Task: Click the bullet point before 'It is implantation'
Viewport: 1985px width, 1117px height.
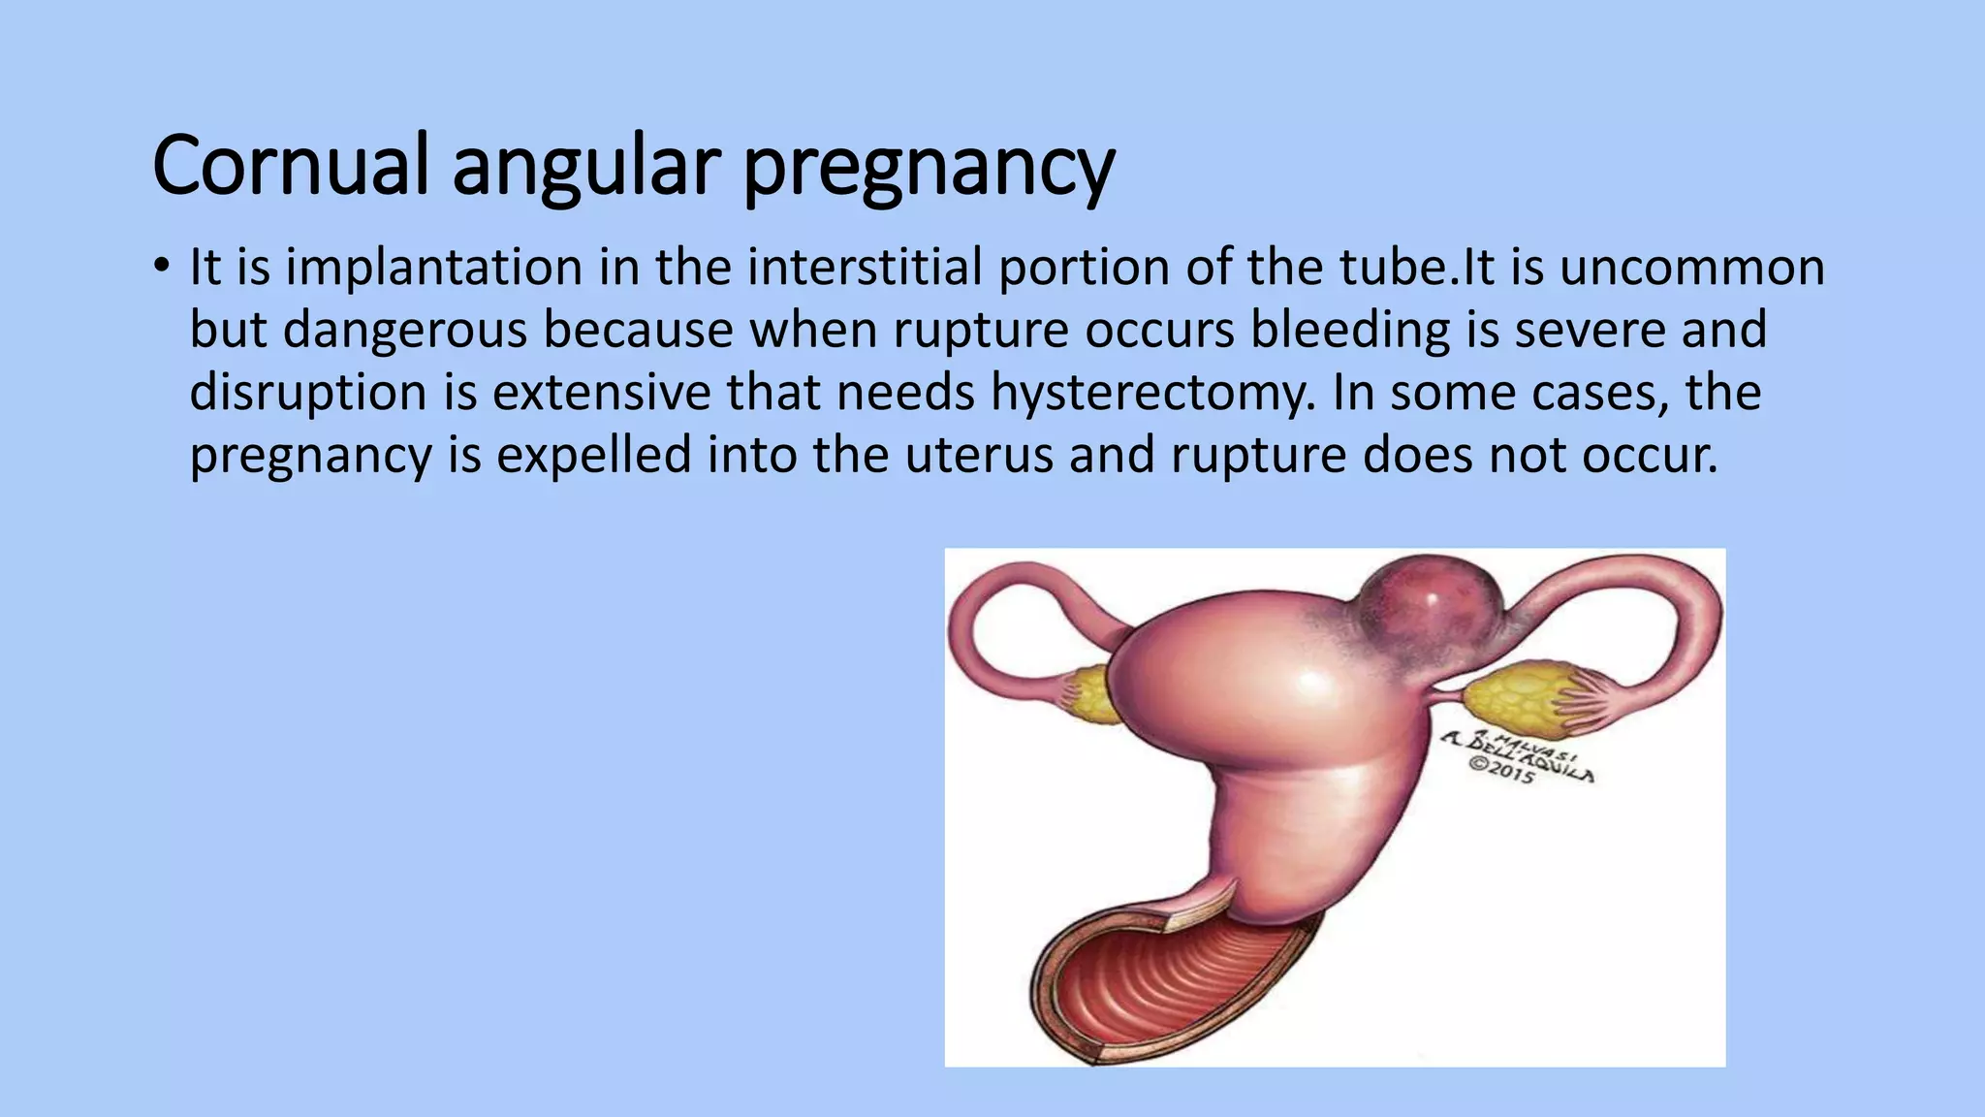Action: click(x=161, y=266)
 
